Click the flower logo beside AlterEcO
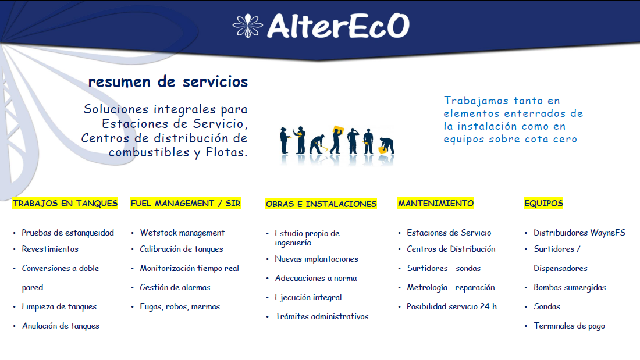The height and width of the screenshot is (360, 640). pos(247,26)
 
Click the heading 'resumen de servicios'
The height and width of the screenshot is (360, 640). pos(168,81)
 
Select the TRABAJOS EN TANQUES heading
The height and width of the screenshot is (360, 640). pos(65,204)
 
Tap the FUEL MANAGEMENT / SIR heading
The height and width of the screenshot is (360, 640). pos(186,204)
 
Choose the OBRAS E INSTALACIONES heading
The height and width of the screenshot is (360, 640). pos(321,204)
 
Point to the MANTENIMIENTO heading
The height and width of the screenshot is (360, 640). pos(436,204)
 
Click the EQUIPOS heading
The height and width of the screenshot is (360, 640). pos(543,204)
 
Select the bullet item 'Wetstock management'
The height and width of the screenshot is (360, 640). pos(183,233)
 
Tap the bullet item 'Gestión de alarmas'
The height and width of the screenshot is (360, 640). pos(175,287)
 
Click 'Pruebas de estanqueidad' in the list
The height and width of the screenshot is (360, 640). pos(67,233)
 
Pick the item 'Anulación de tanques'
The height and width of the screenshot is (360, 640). pos(61,326)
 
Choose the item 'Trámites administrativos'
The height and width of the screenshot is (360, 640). pos(322,316)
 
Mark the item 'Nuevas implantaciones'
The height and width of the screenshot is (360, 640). pos(317,259)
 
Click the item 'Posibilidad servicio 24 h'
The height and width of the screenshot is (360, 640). pos(452,306)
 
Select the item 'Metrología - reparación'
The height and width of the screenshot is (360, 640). pos(450,287)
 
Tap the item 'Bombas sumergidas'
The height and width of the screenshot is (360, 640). pos(570,287)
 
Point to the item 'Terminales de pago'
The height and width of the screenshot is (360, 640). pos(570,326)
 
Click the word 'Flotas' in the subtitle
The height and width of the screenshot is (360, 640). pos(225,152)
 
